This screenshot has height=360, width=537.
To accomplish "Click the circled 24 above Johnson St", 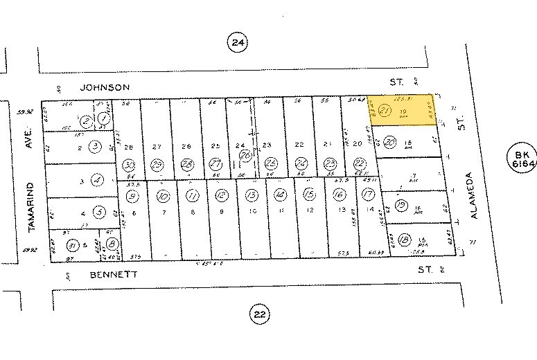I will click(238, 43).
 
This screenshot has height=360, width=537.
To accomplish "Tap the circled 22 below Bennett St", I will click(259, 316).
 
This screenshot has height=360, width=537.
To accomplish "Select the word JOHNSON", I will click(105, 87).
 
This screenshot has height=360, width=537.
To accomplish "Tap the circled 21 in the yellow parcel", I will click(387, 111).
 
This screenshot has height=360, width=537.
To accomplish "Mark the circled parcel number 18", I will click(404, 239).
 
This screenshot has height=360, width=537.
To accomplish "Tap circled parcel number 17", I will click(368, 195).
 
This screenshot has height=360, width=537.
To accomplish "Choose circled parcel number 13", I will click(252, 195).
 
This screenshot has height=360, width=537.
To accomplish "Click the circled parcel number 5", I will click(100, 213).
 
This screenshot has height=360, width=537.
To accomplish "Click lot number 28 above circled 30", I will click(128, 147).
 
